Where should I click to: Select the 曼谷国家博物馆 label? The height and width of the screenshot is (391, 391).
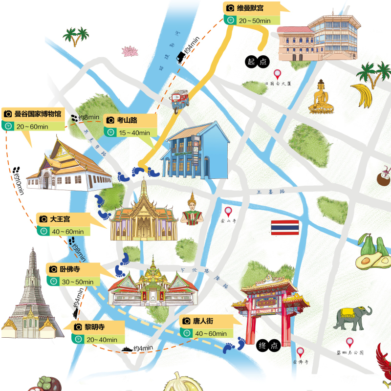(x=38, y=114)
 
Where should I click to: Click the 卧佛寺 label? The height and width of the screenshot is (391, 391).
(x=70, y=269)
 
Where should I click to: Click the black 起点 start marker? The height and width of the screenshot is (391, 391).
(x=258, y=61)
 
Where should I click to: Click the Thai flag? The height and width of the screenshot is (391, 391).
(x=285, y=227)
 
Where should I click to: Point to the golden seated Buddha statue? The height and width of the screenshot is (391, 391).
(x=321, y=97)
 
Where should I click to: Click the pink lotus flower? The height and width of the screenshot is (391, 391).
(x=130, y=51)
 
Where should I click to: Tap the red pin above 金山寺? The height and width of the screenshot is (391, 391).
(x=228, y=212)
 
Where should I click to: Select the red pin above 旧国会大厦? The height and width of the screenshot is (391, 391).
(x=278, y=75)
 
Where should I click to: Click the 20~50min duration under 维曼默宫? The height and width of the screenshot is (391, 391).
(x=255, y=21)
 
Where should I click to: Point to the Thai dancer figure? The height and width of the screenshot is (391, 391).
(x=192, y=210)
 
